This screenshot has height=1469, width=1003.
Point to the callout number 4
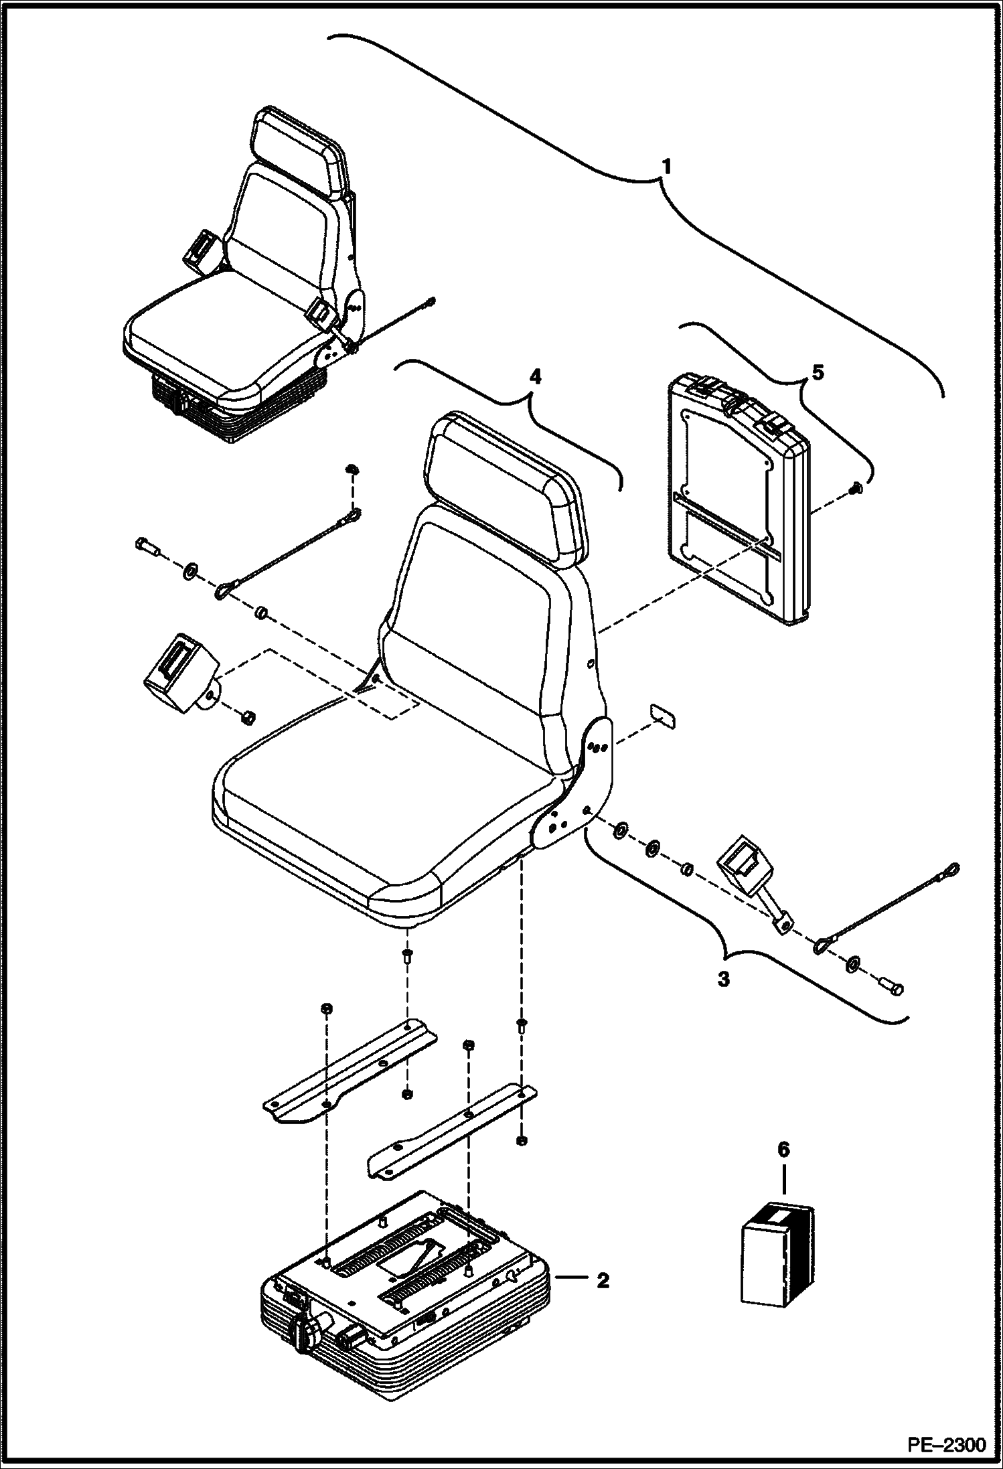(x=534, y=378)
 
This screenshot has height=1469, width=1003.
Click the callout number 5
(x=818, y=372)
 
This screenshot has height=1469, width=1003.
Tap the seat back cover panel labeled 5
(x=737, y=502)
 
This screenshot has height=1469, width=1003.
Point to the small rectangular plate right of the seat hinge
(x=662, y=716)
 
